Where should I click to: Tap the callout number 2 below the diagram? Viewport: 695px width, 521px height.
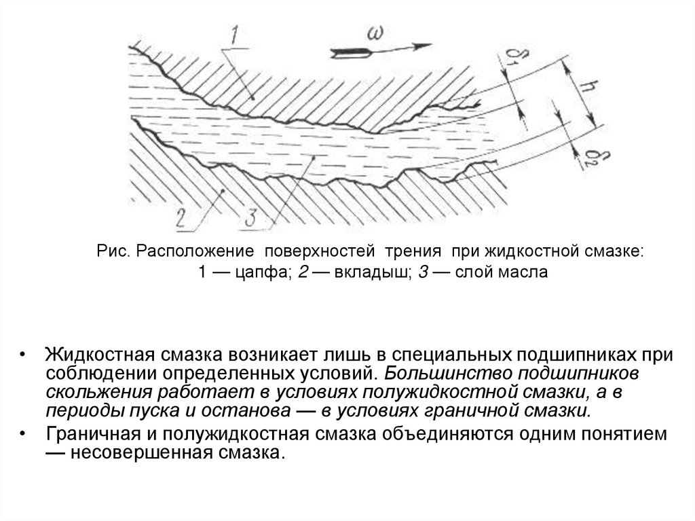[x=180, y=218]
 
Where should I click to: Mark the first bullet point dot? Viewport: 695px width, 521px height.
[x=24, y=355]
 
